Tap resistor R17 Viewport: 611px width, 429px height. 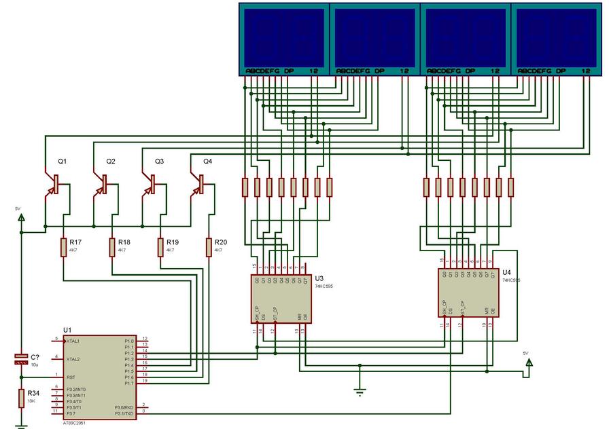(63, 247)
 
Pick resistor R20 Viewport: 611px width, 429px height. (208, 247)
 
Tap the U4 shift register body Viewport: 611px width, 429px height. (468, 293)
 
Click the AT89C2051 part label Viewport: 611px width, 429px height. (74, 422)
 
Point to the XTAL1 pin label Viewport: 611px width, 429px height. (73, 340)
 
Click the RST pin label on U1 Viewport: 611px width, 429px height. (70, 377)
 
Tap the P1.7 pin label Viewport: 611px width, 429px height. (129, 384)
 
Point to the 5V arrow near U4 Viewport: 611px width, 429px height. (529, 362)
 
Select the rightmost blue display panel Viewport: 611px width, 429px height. (557, 37)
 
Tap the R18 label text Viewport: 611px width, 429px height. (124, 242)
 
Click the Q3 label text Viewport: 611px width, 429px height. (160, 162)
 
